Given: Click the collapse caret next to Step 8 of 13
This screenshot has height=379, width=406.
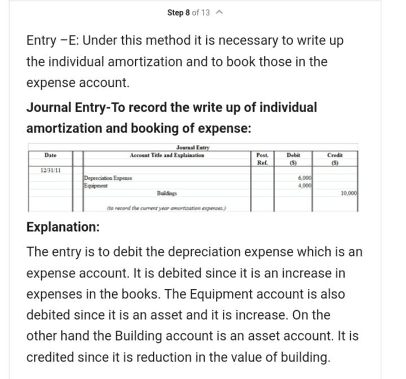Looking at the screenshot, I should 220,12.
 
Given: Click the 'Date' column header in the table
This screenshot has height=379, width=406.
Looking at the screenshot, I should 51,155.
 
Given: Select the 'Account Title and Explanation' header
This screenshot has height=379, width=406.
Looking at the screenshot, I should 167,155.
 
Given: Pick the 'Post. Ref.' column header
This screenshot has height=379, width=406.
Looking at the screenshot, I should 262,158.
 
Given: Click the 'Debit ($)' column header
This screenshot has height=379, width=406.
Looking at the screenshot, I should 293,158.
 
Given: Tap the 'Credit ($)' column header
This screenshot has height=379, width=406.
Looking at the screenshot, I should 335,158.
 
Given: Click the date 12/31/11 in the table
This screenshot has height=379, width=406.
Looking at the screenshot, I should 51,169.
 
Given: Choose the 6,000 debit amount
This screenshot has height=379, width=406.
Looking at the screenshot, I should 304,178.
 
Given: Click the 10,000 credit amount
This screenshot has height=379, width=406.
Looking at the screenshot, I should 348,193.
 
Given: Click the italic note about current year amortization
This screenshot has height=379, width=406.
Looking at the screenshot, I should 166,208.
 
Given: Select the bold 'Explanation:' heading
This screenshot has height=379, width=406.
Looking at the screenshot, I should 63,227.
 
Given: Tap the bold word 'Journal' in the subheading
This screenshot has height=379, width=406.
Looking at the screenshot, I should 49,107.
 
